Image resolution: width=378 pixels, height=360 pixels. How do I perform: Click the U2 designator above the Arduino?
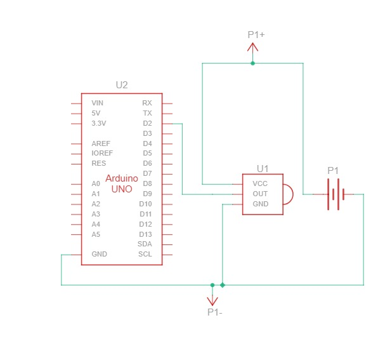point(122,85)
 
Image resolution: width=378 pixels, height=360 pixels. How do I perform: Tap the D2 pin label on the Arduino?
point(147,123)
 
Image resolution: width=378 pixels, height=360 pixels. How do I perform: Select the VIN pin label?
point(98,103)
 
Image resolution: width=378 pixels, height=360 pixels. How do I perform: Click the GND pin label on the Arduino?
point(99,254)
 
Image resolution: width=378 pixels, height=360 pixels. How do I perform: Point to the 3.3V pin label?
point(98,123)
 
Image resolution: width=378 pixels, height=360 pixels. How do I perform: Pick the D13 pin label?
point(145,234)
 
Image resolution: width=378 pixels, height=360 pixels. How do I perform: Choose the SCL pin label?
point(145,254)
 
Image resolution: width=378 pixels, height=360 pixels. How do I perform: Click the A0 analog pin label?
point(96,183)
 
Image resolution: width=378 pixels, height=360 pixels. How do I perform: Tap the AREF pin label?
point(101,143)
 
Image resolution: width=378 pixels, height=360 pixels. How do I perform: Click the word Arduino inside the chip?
point(122,178)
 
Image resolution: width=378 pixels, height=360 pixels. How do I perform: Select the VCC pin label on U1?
point(260,183)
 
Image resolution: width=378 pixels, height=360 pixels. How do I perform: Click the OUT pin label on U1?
point(260,194)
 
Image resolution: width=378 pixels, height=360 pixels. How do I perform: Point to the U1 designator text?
point(263,169)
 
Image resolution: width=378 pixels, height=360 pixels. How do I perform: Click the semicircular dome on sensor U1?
point(293,194)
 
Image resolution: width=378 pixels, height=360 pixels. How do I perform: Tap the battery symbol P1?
point(336,194)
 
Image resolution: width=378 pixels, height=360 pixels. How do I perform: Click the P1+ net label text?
point(256,35)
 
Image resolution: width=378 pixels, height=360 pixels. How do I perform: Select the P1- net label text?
point(215,312)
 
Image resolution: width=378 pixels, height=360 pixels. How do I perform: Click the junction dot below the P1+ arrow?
point(252,63)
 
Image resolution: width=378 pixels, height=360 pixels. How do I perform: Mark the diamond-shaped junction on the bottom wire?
point(223,285)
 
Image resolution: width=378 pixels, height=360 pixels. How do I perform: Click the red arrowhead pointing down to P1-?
point(212,301)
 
